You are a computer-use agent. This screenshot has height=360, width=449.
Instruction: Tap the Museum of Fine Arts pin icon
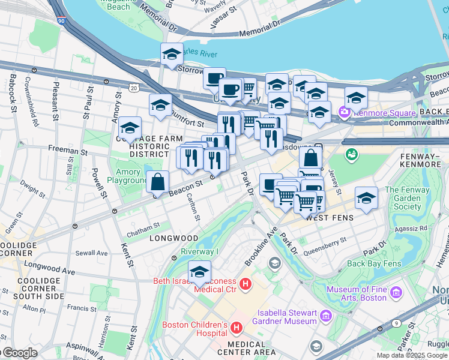[x=396, y=293]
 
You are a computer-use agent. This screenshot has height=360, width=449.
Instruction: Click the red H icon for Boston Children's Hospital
[x=237, y=328]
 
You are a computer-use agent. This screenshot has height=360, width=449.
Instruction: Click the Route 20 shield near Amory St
[x=133, y=88]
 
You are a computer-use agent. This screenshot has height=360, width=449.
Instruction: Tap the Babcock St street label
[x=11, y=94]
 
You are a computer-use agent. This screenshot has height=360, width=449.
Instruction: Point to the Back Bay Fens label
[x=373, y=263]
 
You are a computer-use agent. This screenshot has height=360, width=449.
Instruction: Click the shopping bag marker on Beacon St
[x=157, y=181]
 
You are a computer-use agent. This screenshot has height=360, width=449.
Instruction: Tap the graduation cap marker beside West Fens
[x=366, y=198]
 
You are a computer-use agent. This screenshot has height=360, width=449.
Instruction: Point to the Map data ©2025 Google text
[x=412, y=355]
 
